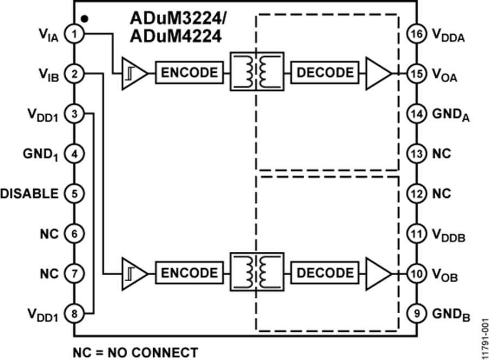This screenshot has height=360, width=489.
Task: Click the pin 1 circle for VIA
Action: point(73,34)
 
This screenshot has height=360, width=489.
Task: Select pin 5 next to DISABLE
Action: point(73,194)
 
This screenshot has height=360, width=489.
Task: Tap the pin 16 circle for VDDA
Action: point(416,34)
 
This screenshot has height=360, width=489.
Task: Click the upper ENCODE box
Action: point(189,73)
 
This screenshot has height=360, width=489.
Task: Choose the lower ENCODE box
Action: point(189,272)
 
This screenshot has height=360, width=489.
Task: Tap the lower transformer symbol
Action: point(256,271)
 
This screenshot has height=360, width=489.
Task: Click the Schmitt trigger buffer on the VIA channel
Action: point(133,73)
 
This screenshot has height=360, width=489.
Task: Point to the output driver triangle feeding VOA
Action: point(379,73)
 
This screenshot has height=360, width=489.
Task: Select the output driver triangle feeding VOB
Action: point(379,272)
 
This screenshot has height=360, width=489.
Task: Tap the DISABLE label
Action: point(29,194)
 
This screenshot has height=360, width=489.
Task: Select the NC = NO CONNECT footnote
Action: point(135,352)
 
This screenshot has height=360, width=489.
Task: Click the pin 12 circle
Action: point(416,194)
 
